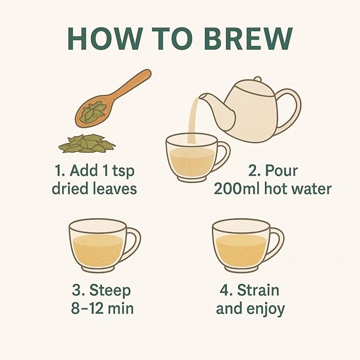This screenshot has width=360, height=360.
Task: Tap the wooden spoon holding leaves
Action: [112, 99]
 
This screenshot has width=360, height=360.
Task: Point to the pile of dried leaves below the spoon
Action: [87, 144]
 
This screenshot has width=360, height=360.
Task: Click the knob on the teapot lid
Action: [258, 79]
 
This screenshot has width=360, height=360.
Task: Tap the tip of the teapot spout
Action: [200, 96]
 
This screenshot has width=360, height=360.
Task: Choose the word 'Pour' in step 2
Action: [281, 171]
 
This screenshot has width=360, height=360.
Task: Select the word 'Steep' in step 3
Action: [110, 291]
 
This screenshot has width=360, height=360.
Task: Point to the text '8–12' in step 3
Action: [87, 308]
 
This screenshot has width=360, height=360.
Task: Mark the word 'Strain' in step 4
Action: [258, 290]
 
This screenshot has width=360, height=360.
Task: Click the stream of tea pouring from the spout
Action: [193, 119]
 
